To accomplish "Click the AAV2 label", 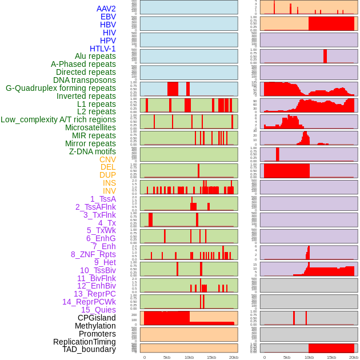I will (106, 9).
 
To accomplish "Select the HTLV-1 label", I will (103, 49).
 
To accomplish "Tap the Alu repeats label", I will (95, 56).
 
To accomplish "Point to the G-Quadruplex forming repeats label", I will (61, 88).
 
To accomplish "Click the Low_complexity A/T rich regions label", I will (58, 119).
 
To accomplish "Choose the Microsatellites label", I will (90, 127).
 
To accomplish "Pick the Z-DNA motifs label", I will (93, 151).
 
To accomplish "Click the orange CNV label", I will (107, 159).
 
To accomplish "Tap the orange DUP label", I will (107, 175).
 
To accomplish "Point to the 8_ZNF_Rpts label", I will (93, 254).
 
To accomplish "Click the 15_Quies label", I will (98, 310).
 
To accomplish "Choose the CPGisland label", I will (97, 318).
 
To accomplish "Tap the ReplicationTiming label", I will (85, 342).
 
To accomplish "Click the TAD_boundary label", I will (89, 349).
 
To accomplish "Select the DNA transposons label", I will (85, 80).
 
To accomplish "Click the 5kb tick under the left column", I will (167, 357).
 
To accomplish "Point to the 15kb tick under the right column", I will (331, 357).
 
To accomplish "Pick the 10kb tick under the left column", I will (189, 357).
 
